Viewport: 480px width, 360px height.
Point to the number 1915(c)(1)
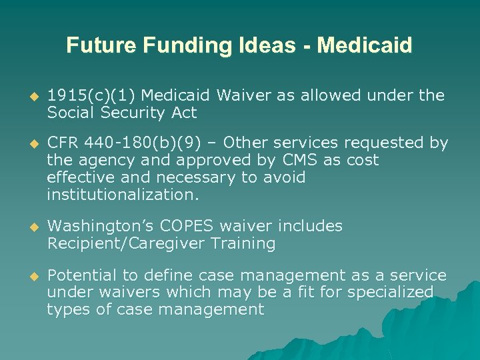tap(91, 95)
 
